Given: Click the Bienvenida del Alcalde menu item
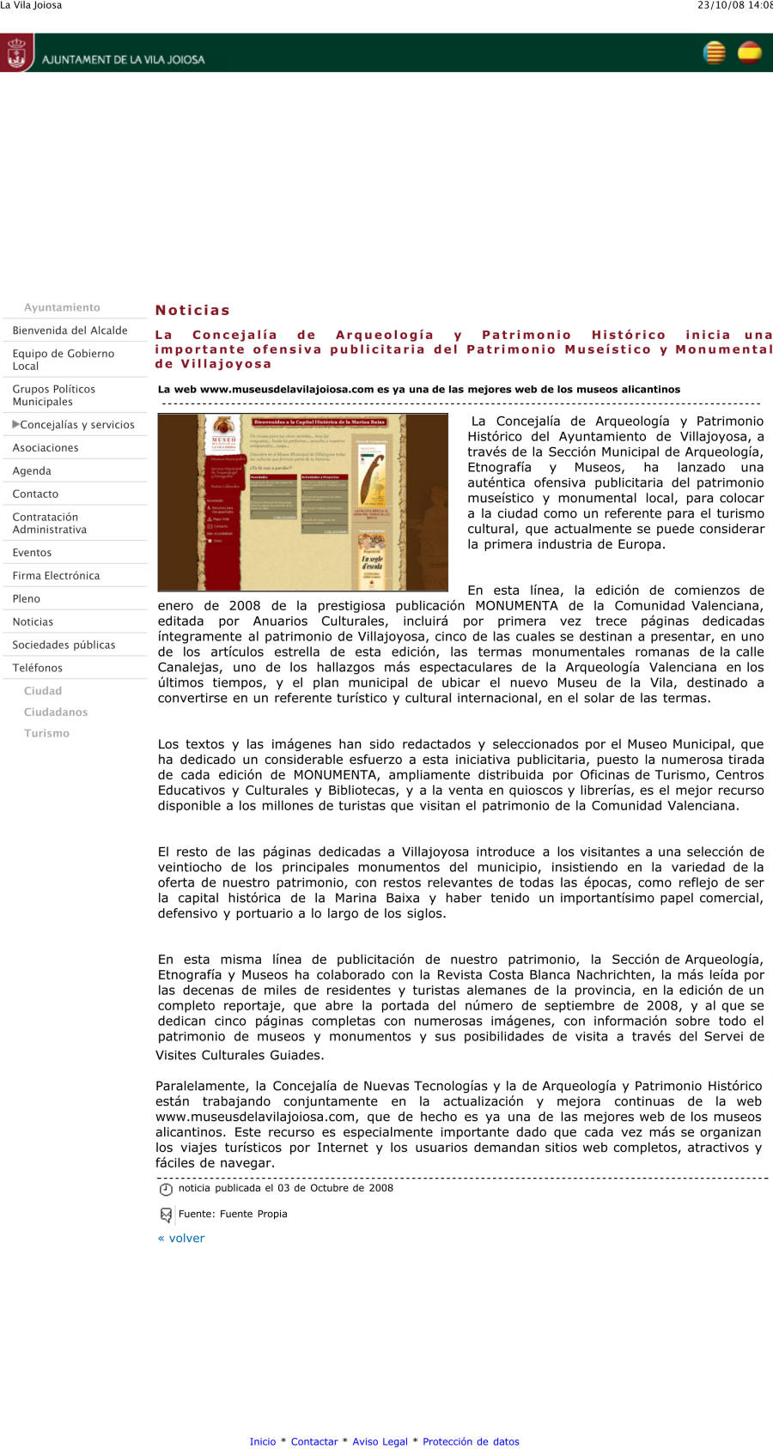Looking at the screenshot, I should coord(70,330).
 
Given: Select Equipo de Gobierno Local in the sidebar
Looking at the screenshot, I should coord(63,360).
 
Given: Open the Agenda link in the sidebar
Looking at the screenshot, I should coord(32,471).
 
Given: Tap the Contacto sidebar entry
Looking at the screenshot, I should coord(35,494).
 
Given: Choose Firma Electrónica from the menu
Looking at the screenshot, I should coord(56,576).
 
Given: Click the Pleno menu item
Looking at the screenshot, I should coord(26,599).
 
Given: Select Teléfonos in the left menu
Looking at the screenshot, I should coord(37,668).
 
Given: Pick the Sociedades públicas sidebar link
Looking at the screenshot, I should coord(64,645).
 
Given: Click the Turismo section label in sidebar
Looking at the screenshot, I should coord(46,733).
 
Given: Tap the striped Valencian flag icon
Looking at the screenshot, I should coord(715,53).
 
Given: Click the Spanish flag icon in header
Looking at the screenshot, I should coord(750,53).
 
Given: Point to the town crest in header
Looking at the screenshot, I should coord(16,53).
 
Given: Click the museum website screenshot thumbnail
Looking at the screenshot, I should coord(303,502).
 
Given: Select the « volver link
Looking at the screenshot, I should coord(181,1238).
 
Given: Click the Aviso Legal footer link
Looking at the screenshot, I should coord(380,1441).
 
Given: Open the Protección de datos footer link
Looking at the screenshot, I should coord(471,1441).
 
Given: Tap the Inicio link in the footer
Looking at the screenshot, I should coord(263,1441).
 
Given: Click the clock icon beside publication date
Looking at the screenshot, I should coord(166,1189).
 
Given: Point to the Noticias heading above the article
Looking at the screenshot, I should coord(192,310).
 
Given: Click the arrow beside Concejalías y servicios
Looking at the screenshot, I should coord(15,424).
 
